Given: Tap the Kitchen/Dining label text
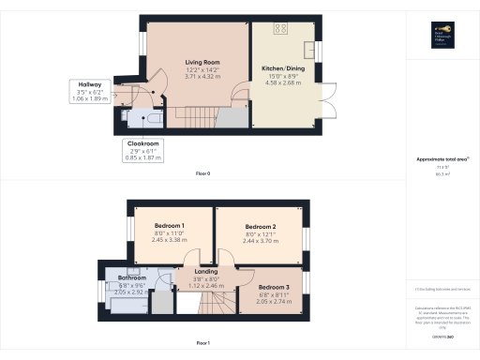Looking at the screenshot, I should (x=282, y=68).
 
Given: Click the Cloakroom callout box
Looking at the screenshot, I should (x=142, y=151).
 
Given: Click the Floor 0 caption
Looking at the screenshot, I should (x=202, y=174).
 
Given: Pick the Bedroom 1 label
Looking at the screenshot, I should (x=170, y=226).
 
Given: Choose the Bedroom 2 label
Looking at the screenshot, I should (x=260, y=227).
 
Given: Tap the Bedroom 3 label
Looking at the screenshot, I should (x=273, y=286).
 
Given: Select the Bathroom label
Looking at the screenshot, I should (x=132, y=277).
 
